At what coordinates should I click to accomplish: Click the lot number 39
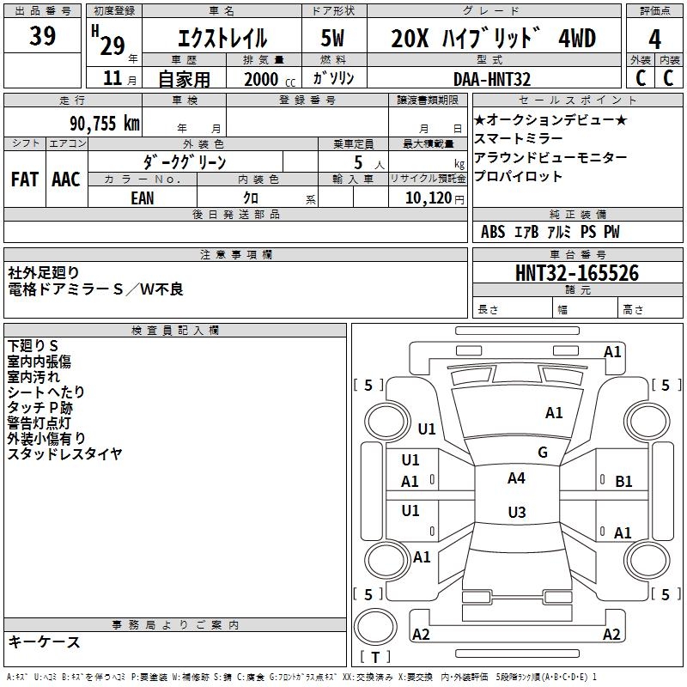(x=42, y=35)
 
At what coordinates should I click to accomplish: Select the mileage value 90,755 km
(x=104, y=124)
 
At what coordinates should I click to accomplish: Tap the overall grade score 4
(x=654, y=40)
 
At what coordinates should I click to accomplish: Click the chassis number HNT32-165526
(x=577, y=273)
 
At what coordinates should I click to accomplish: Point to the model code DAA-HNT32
(x=491, y=79)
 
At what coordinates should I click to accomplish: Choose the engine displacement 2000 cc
(x=270, y=79)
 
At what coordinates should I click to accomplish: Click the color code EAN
(x=143, y=198)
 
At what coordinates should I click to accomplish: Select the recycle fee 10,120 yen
(x=435, y=198)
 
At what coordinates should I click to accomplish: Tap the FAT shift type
(x=25, y=179)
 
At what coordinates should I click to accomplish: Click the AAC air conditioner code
(x=66, y=179)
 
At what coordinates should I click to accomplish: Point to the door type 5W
(x=332, y=38)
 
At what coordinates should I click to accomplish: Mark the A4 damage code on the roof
(x=516, y=478)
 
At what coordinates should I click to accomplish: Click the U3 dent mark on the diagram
(x=517, y=512)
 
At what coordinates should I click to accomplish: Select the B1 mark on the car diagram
(x=623, y=482)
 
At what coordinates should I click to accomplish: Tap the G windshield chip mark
(x=543, y=452)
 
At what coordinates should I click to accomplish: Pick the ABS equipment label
(x=493, y=232)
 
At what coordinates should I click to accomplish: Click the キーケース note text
(x=45, y=642)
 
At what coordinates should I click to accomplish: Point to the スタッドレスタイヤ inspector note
(x=64, y=453)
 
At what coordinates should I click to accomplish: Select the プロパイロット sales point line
(x=518, y=176)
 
